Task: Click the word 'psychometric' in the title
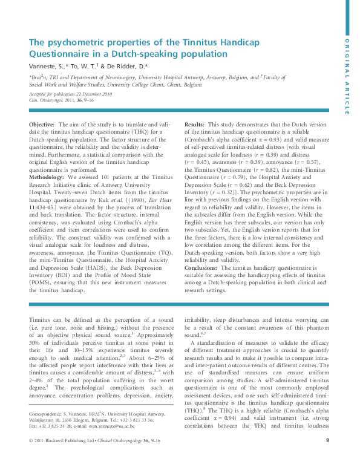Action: click(70, 42)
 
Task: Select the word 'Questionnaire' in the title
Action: click(60, 54)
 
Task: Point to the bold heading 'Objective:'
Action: click(42, 123)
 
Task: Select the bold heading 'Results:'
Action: click(195, 123)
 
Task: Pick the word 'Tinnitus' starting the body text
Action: click(40, 320)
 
